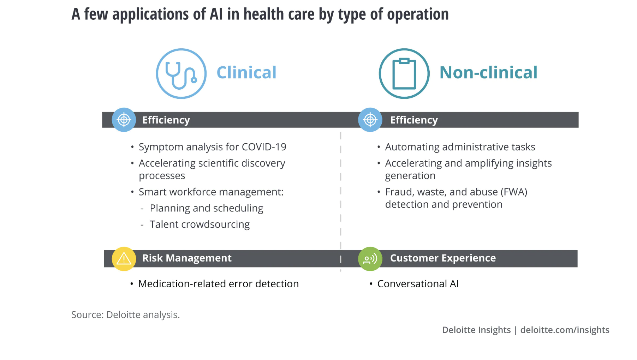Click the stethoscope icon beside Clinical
pos(181,74)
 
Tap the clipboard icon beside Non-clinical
pos(404,74)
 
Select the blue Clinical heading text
pos(246,73)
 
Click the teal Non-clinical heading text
pos(488,73)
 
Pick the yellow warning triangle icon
pos(124,259)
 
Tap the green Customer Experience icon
pos(370,259)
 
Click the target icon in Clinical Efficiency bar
pos(124,120)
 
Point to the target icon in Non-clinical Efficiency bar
pos(370,120)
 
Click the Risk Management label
pos(187,258)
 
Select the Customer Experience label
pos(443,258)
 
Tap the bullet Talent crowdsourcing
pos(200,224)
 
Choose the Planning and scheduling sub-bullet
pos(207,208)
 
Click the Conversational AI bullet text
pos(418,284)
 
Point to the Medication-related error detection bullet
pos(218,284)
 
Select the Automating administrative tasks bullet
pos(460,147)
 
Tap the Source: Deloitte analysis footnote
pos(125,314)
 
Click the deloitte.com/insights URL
pos(565,330)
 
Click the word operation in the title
pos(418,14)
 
